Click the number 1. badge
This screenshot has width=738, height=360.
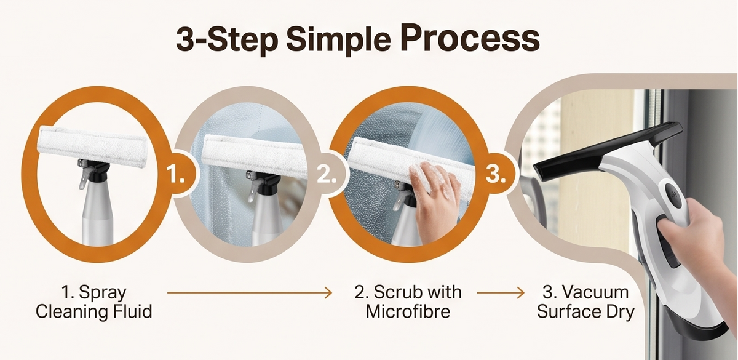[176, 174]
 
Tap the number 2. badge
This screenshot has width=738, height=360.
[327, 174]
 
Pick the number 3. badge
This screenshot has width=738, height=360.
[496, 174]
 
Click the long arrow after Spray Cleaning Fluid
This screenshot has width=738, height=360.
[250, 292]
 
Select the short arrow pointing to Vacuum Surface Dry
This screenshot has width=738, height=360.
[501, 292]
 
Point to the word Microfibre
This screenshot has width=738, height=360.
[408, 311]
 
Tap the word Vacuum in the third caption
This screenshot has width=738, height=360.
[595, 292]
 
